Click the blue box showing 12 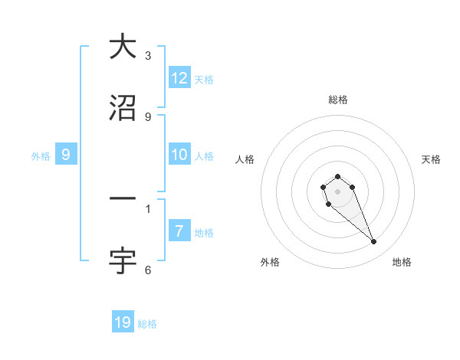(179, 78)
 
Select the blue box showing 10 (179, 155)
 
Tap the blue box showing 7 (179, 231)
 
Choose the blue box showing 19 (123, 322)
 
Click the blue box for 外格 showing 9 (66, 155)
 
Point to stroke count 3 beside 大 (148, 55)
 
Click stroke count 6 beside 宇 (148, 270)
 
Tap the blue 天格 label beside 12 (204, 79)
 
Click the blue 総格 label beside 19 (147, 323)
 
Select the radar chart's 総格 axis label (337, 100)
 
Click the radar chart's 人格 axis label (245, 159)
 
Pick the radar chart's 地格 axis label (402, 262)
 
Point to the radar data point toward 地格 (374, 242)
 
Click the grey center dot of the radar (337, 191)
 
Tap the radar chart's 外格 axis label (270, 262)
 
